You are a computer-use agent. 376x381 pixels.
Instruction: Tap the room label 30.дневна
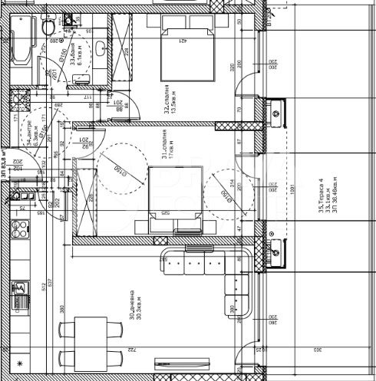(x=135, y=307)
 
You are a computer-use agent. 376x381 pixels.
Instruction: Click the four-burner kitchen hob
(x=21, y=228)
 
